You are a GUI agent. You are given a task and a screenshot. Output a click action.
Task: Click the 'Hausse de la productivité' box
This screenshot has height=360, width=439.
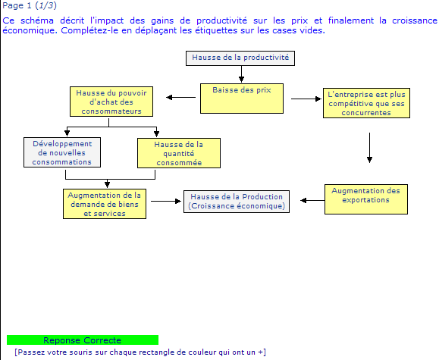pos(240,58)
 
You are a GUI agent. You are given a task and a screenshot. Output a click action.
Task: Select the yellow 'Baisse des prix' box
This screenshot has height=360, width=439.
pos(242,99)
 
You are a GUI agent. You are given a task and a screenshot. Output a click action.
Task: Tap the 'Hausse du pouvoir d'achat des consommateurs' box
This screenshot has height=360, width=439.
pos(111,102)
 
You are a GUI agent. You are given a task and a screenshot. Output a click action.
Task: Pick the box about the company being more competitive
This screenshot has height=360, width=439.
pos(366,103)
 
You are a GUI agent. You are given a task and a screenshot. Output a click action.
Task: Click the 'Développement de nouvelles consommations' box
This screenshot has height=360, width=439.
pos(62,152)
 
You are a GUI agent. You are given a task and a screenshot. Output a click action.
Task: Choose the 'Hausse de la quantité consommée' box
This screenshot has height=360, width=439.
pos(179,153)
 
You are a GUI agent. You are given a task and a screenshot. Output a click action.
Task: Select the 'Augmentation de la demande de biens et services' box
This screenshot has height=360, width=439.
pos(105,204)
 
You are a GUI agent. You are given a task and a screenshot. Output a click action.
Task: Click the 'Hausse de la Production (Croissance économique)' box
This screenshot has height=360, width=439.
pos(237,202)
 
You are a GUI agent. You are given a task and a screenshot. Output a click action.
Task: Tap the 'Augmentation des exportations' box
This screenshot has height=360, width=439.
pos(366,199)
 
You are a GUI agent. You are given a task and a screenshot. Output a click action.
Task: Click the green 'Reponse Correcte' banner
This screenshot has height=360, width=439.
pos(83,340)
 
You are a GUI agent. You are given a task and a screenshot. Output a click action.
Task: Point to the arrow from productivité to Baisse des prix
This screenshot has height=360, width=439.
pos(241,74)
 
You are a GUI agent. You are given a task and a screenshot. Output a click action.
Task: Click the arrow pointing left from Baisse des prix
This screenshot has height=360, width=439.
pos(181,98)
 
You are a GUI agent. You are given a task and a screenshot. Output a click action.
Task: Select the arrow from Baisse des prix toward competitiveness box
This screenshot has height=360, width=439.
pos(306,99)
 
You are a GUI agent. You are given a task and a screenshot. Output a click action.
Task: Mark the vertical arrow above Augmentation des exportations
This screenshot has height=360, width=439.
pos(369,148)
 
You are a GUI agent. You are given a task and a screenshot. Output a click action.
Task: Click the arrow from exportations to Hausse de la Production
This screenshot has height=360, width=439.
pos(312,200)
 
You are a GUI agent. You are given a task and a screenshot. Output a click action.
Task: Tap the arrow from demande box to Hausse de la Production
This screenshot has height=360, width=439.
pos(166,201)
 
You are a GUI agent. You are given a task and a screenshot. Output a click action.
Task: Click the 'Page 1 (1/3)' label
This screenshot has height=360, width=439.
pos(30,5)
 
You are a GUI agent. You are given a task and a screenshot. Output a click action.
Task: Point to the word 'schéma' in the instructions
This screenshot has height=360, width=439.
pos(37,20)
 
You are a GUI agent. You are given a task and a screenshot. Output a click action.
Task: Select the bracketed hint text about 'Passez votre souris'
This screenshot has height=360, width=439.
pos(140,352)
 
